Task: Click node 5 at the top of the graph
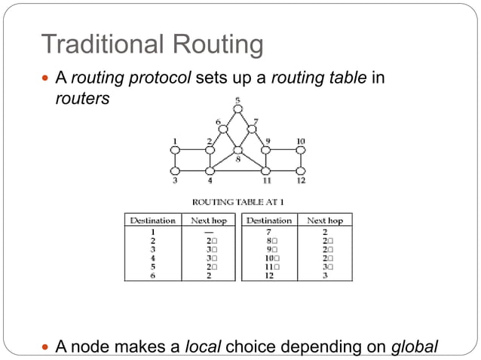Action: pos(238,109)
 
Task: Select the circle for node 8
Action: pos(237,150)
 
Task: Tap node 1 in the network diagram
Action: pos(175,150)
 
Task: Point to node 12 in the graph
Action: pos(301,171)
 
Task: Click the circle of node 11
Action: pos(266,171)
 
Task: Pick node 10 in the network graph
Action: pos(301,150)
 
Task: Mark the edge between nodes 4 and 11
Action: pos(237,171)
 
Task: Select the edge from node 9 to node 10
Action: pos(283,150)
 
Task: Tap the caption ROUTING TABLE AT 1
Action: pos(238,202)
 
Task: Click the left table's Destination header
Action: pos(153,221)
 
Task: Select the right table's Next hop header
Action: pos(325,221)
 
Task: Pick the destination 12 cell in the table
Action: pos(268,276)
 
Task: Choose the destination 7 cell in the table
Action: pos(268,230)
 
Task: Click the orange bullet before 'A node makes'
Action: pos(47,346)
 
